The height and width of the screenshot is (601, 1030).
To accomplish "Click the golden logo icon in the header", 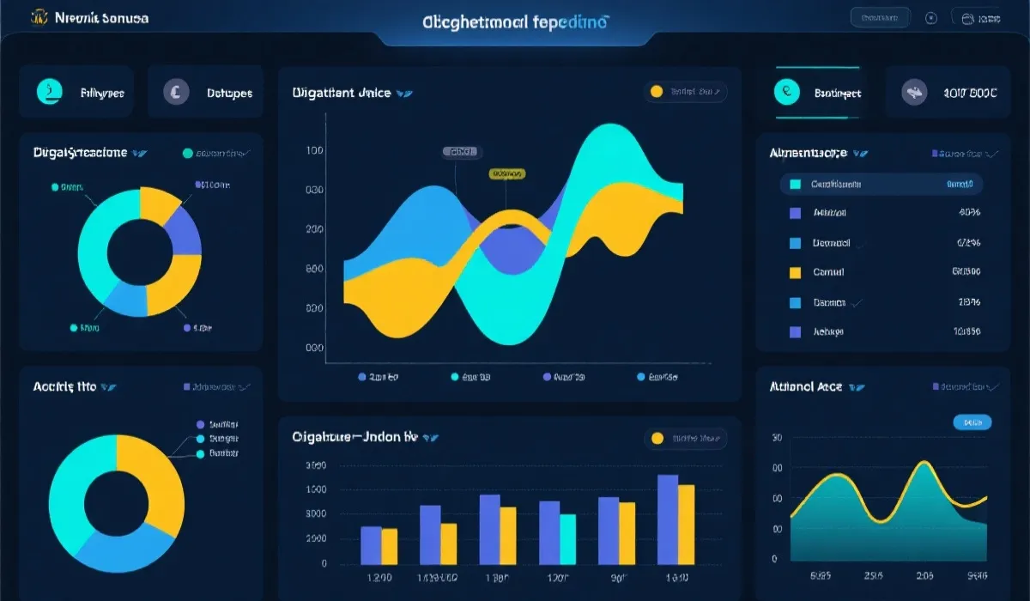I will [39, 17].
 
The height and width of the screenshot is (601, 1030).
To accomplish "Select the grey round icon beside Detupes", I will [176, 91].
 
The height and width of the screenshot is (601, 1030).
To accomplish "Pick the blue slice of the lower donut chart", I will [120, 543].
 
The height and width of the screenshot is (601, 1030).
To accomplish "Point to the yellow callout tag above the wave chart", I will [506, 173].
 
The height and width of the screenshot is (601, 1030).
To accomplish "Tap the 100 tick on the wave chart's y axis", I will [314, 150].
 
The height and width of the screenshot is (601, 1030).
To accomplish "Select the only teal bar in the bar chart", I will [567, 538].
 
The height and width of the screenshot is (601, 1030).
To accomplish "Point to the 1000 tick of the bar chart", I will [316, 489].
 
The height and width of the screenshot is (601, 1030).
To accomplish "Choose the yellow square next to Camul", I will [794, 272].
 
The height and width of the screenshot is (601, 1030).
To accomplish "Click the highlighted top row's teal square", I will [794, 184].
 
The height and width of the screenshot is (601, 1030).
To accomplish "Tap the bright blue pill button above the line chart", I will [972, 422].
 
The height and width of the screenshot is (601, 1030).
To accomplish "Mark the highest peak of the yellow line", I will [923, 464].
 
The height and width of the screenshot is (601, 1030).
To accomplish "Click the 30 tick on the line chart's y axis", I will [777, 438].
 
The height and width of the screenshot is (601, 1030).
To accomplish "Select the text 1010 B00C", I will [970, 93].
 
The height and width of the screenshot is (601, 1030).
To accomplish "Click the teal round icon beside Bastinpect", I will [786, 92].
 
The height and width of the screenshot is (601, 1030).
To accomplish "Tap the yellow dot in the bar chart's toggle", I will [657, 439].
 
